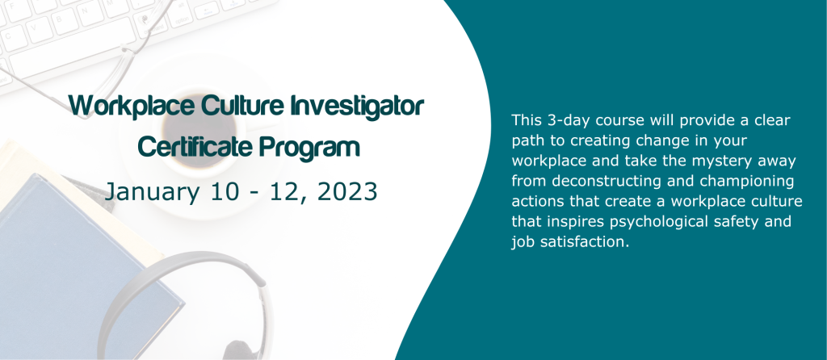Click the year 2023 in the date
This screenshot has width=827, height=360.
[x=347, y=192]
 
